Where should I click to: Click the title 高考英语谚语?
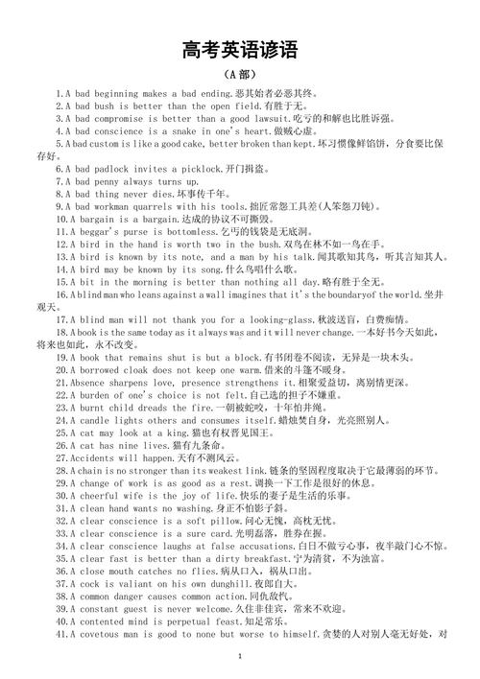[x=239, y=49]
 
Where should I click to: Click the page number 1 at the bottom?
[x=239, y=655]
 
